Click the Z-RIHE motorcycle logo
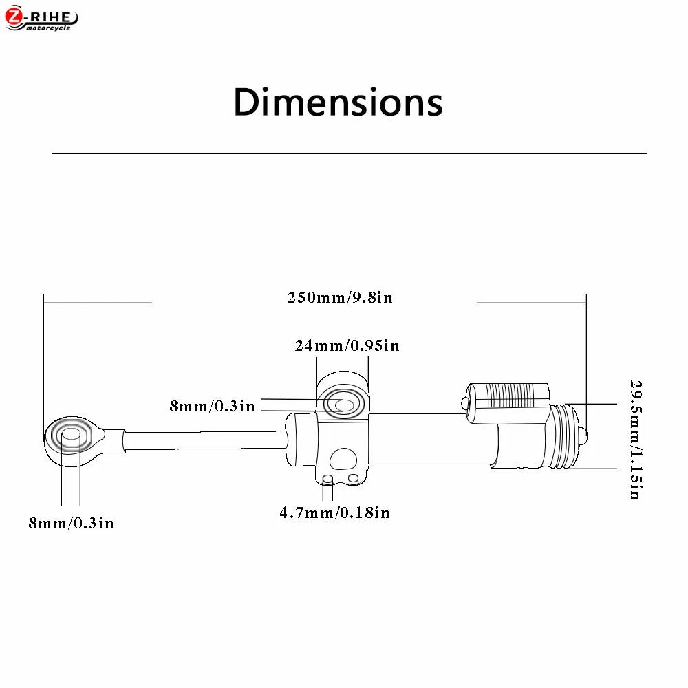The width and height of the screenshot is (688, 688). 41,19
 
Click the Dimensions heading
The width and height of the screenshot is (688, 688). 338,103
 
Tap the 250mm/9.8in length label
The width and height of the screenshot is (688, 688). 340,297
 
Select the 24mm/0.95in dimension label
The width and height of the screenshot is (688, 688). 347,346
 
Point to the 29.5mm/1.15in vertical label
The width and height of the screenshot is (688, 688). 636,440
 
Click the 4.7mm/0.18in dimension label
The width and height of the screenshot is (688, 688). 335,513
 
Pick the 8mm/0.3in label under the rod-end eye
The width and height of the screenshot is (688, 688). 71,523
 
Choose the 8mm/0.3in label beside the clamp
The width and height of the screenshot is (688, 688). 213,407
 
